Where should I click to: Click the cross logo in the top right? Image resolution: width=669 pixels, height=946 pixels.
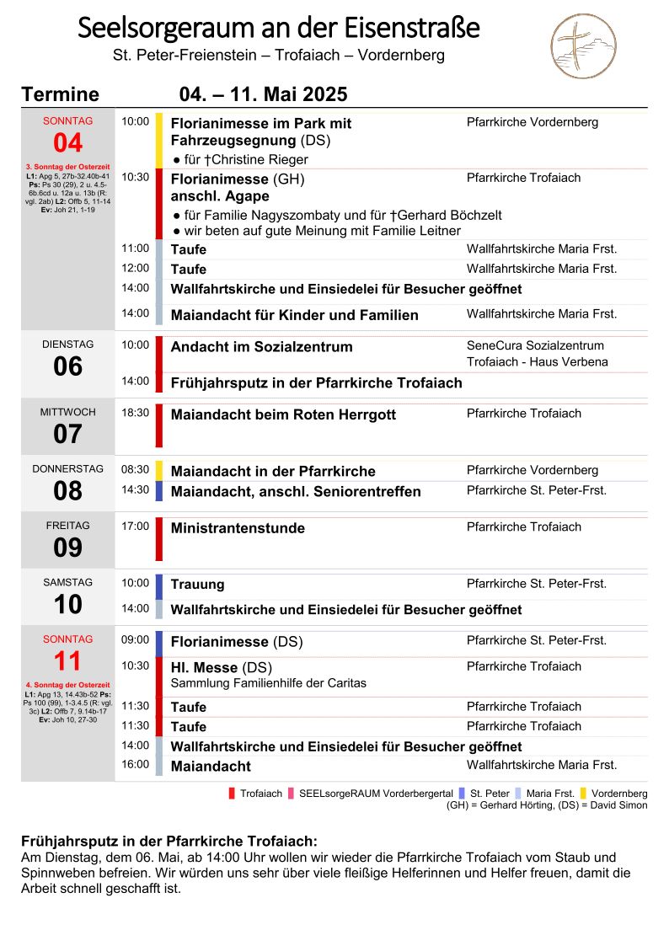(x=583, y=45)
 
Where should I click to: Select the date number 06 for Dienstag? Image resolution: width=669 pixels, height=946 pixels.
(x=68, y=366)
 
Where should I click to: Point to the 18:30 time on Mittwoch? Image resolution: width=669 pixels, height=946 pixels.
(x=135, y=414)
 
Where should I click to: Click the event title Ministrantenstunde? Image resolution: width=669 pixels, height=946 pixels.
(x=238, y=528)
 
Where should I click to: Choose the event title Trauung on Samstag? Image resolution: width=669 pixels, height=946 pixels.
(x=198, y=584)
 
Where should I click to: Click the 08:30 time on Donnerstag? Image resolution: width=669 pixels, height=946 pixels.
(x=135, y=470)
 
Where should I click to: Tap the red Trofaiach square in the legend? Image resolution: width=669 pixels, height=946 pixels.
(x=232, y=794)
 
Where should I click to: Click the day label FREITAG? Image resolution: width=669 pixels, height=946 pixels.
(x=68, y=526)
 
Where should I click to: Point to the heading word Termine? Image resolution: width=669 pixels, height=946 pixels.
(x=61, y=94)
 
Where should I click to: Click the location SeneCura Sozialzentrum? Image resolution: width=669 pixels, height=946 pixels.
(x=535, y=345)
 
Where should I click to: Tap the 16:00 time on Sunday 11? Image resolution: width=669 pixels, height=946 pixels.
(x=135, y=765)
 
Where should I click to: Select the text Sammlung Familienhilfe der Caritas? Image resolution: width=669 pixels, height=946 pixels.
(x=269, y=683)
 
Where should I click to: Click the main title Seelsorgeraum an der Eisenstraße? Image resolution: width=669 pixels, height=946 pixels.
(x=278, y=29)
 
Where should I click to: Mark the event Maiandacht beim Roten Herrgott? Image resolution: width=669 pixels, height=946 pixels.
(x=283, y=415)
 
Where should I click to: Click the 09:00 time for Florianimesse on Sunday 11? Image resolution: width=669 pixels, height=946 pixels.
(x=135, y=640)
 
